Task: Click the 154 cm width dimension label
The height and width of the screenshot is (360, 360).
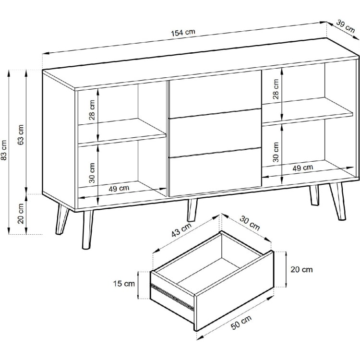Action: (x=183, y=33)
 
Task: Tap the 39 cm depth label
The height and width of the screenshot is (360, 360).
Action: (x=346, y=26)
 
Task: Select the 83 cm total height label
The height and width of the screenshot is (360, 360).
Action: (x=4, y=150)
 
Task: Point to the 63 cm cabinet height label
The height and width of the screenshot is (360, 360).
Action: (x=21, y=135)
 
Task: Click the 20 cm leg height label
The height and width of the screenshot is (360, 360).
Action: (x=21, y=214)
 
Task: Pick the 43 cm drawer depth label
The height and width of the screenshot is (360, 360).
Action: (x=181, y=230)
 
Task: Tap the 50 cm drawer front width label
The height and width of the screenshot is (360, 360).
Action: (x=241, y=323)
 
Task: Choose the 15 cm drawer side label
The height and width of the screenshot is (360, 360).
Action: (x=124, y=284)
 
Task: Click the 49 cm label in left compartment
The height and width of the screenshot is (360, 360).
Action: (x=119, y=189)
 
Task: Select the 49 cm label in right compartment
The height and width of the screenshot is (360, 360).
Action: (x=302, y=168)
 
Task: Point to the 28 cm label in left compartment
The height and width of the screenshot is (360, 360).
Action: (x=92, y=110)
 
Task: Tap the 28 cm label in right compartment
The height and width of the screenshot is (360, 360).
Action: (x=276, y=89)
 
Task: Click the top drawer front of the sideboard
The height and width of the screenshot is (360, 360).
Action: (x=215, y=94)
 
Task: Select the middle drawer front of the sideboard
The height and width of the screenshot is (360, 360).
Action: (x=215, y=133)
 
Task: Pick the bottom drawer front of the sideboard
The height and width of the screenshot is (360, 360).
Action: (x=215, y=172)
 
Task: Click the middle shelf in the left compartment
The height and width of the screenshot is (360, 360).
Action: (x=122, y=132)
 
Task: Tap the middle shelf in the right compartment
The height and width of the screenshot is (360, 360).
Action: (x=307, y=111)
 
